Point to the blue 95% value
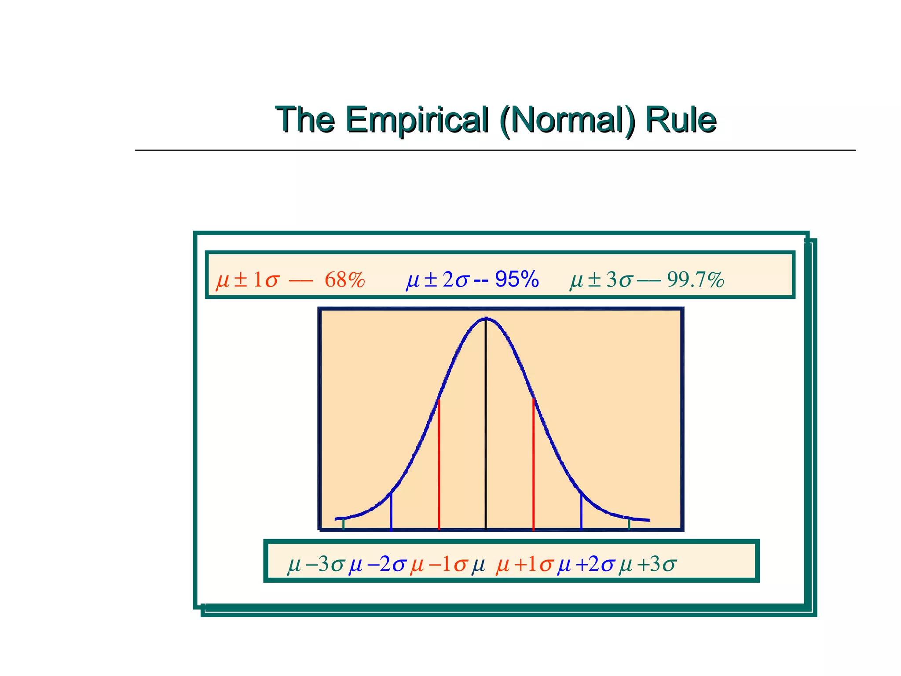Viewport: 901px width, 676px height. coord(517,279)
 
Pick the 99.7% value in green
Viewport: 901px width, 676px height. coord(696,280)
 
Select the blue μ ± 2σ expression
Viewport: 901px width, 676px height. coord(438,280)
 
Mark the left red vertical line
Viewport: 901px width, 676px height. coord(439,467)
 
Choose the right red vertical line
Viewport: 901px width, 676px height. coord(533,467)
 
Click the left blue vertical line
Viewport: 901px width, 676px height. coord(391,513)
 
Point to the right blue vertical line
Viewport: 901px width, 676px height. coord(581,513)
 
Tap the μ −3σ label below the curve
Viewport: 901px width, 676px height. coord(315,565)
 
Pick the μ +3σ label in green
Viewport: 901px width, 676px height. coord(647,565)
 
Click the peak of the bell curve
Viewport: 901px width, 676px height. coord(486,319)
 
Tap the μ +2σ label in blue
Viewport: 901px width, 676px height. coord(586,565)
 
